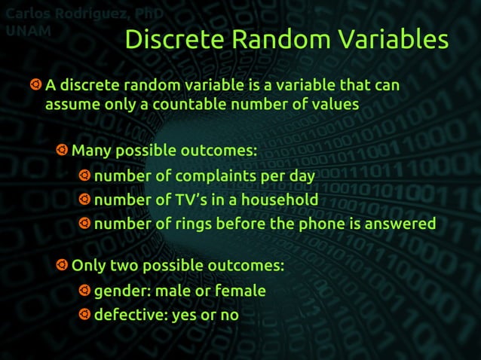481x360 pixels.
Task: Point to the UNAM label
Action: coord(29,31)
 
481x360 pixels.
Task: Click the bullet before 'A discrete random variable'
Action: coord(35,85)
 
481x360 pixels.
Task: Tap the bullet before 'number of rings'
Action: coord(84,224)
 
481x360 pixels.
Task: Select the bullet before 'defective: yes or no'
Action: coord(84,315)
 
